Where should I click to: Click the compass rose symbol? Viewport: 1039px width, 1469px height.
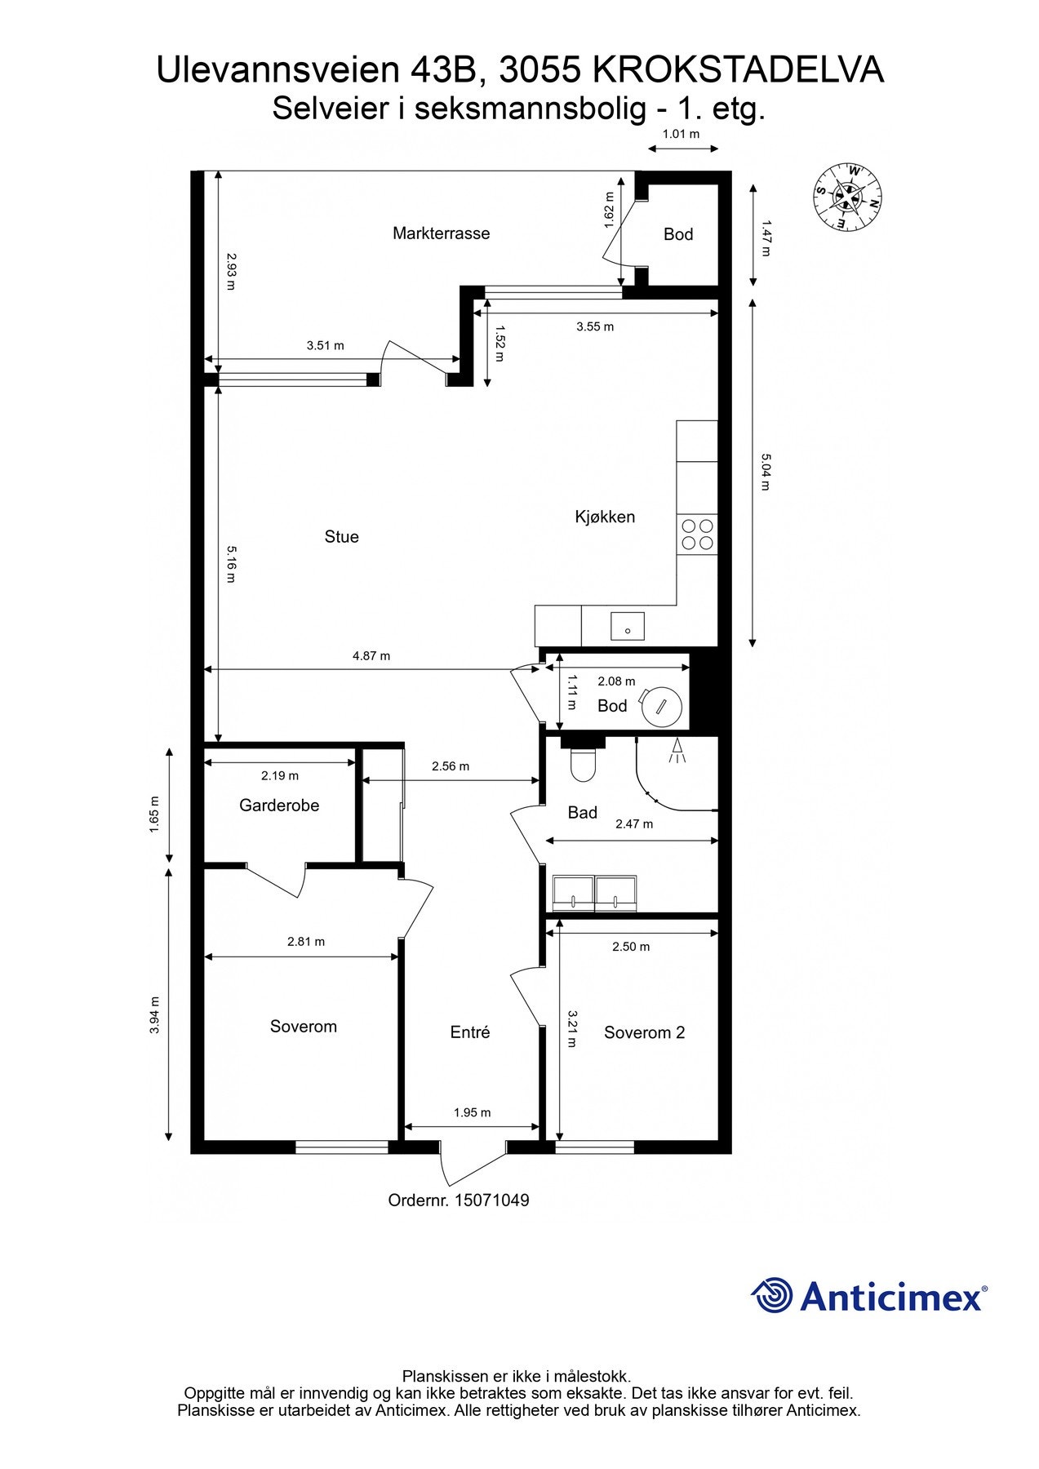pyautogui.click(x=848, y=196)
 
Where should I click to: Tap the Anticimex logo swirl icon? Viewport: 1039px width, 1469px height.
pyautogui.click(x=771, y=1295)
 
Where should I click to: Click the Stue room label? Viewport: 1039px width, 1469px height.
pyautogui.click(x=341, y=537)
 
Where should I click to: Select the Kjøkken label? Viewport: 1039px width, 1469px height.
pyautogui.click(x=605, y=517)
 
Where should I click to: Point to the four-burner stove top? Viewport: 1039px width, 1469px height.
pyautogui.click(x=697, y=535)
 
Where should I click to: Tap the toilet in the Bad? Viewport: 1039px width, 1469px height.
pyautogui.click(x=584, y=763)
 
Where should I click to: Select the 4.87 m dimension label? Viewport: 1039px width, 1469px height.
pyautogui.click(x=371, y=656)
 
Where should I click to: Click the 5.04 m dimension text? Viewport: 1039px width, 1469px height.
pyautogui.click(x=766, y=472)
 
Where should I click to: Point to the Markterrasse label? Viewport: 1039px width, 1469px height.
pyautogui.click(x=442, y=233)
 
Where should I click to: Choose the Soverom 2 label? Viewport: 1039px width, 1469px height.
pyautogui.click(x=644, y=1033)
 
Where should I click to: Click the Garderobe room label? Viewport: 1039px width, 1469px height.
pyautogui.click(x=279, y=806)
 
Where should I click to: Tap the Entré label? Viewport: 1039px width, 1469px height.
pyautogui.click(x=470, y=1032)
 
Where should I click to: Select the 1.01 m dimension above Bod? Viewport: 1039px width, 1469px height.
pyautogui.click(x=681, y=134)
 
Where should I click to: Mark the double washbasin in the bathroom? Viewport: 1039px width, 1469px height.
pyautogui.click(x=594, y=893)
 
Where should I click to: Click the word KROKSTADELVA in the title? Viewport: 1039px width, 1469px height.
pyautogui.click(x=738, y=71)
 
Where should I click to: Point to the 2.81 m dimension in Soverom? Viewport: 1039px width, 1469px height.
pyautogui.click(x=306, y=942)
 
